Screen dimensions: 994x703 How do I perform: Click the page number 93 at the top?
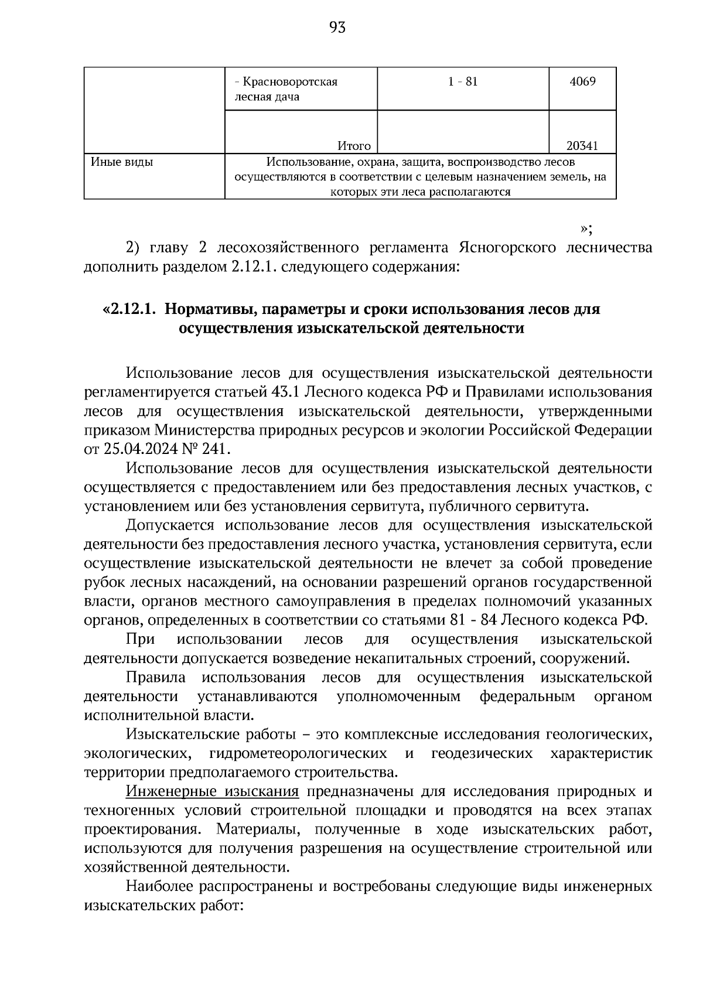(338, 28)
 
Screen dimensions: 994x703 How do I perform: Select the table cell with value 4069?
(582, 81)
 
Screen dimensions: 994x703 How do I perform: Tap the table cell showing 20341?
(582, 146)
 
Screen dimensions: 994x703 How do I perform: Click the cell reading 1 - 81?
(463, 81)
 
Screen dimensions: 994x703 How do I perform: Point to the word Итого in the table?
(354, 146)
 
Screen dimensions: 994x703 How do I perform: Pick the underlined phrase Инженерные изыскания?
(212, 792)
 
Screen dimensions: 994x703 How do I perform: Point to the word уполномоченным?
(398, 696)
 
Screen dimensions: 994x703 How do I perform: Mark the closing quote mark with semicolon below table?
(586, 228)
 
